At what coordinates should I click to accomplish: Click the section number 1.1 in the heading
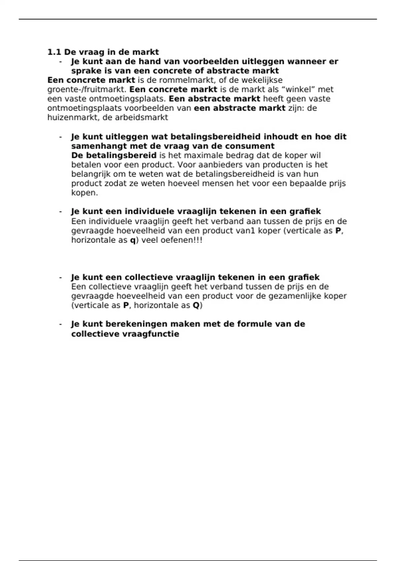pos(54,52)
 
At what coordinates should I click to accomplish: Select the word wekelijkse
pos(263,80)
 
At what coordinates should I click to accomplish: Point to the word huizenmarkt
pos(72,117)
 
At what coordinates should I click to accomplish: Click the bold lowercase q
pos(133,240)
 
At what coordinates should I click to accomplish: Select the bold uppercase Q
pos(196,305)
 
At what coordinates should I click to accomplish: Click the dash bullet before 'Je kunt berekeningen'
pos(60,324)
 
